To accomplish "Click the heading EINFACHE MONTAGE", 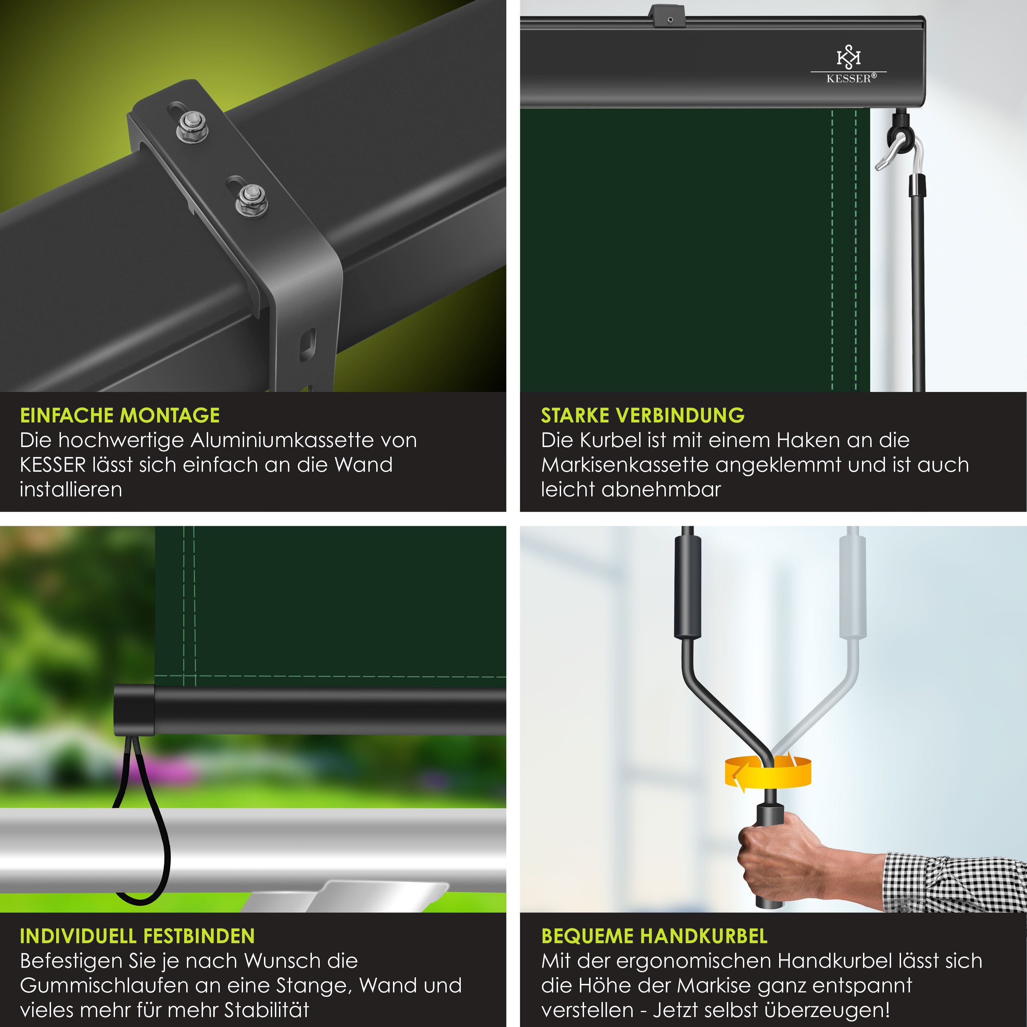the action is (x=119, y=415).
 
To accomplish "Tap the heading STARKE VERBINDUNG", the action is (x=643, y=415).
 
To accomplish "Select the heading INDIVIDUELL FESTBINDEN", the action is (x=137, y=936).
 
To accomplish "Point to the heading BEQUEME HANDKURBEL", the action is (x=654, y=936).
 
